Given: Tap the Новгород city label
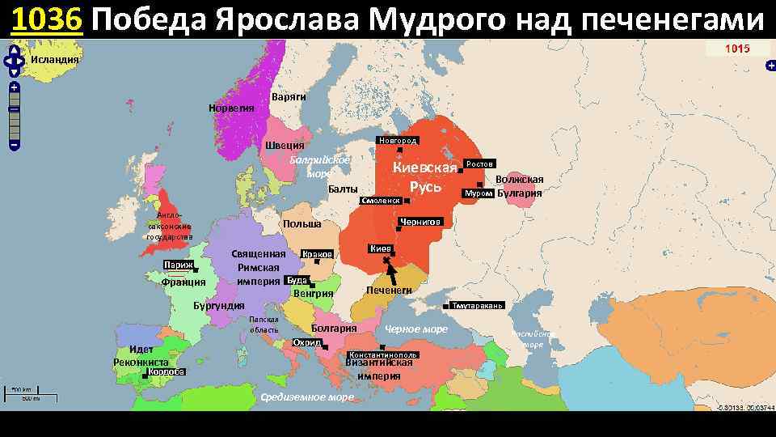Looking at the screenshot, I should (397, 141).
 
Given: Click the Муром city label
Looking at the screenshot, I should (476, 194).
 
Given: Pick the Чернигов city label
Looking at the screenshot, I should (420, 221).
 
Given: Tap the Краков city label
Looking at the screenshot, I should (317, 255).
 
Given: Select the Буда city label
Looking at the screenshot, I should (297, 280).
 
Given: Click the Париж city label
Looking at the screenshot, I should (176, 265).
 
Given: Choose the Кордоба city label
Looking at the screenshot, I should (167, 372).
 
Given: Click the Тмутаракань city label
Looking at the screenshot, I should (478, 306).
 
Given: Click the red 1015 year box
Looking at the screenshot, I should (736, 49).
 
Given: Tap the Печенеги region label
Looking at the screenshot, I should (389, 291).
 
